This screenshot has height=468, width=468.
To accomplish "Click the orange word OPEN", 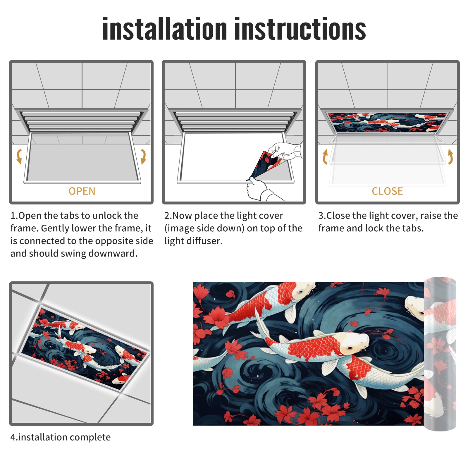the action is click(x=82, y=191).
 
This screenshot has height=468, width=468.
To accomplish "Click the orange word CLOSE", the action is click(x=387, y=191).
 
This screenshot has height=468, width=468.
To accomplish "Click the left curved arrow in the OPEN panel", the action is click(x=19, y=156).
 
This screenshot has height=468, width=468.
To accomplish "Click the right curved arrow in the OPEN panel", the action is click(x=143, y=156).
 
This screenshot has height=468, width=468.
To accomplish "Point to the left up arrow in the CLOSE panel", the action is click(x=325, y=156).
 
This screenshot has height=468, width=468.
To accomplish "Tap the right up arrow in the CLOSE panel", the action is click(x=450, y=156).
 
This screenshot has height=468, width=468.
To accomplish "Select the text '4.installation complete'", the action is click(x=61, y=437).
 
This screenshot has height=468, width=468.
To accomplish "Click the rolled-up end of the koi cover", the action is click(x=440, y=354).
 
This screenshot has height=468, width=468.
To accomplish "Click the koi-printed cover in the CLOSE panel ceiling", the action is click(x=387, y=122).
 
